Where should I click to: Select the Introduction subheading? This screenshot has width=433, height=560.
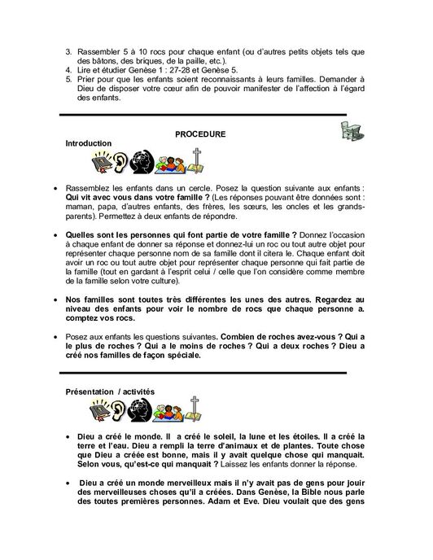coord(89,143)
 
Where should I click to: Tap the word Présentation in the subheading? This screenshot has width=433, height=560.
coord(88,392)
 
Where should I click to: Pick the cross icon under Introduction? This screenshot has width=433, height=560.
coord(195,160)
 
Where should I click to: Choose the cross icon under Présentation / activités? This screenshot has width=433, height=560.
coord(195,409)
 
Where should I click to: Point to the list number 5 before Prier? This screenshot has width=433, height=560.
coord(68,81)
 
